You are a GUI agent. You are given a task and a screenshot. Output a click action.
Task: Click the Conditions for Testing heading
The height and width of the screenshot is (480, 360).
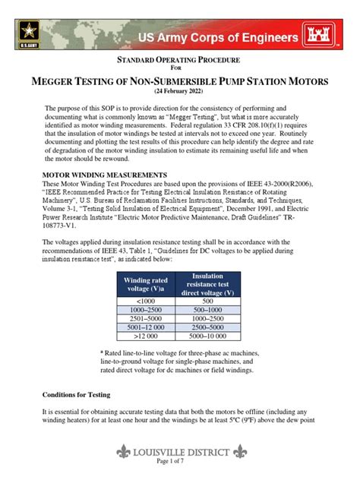[x=77, y=396]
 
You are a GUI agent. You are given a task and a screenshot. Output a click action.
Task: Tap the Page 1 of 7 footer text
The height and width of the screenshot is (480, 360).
[x=179, y=462]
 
